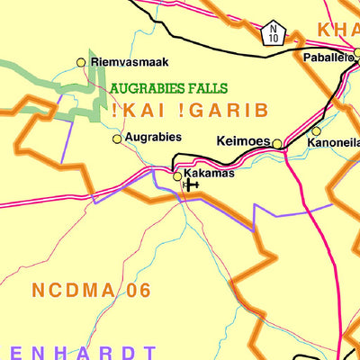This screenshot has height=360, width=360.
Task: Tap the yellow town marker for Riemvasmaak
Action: tap(81, 62)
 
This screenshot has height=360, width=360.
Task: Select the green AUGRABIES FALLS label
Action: tap(168, 89)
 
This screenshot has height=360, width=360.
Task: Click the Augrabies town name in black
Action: tap(153, 138)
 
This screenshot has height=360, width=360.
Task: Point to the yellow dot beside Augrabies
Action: tap(116, 139)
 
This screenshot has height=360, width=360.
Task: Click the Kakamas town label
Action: tap(209, 172)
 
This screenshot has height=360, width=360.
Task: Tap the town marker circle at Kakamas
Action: tap(177, 175)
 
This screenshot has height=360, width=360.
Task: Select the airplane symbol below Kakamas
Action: tap(189, 184)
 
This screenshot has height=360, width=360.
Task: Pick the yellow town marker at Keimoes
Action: tap(277, 144)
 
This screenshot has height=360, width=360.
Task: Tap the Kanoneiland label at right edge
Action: tap(334, 143)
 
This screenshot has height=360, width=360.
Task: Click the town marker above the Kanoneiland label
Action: tap(315, 131)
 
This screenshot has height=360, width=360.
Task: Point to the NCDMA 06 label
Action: tap(91, 291)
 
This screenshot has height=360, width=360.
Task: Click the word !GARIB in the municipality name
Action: tap(220, 111)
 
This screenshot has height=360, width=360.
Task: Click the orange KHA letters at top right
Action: tap(337, 30)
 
